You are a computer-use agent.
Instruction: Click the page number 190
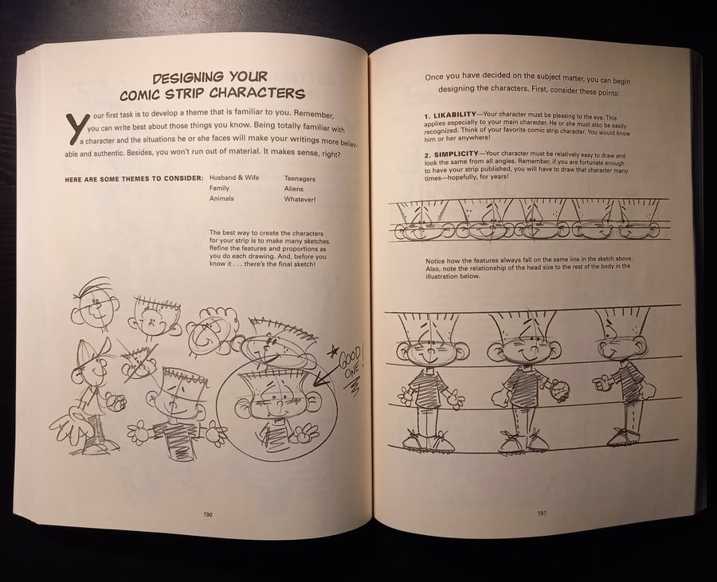tap(208, 514)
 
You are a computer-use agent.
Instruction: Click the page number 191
tap(542, 513)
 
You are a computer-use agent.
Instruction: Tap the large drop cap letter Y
tap(76, 127)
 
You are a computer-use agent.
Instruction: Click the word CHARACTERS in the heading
tap(257, 94)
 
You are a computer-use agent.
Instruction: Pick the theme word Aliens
tap(293, 189)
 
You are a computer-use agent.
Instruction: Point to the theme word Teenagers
tap(300, 178)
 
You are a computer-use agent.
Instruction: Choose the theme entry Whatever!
tap(300, 199)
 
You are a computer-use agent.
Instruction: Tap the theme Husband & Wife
tap(234, 178)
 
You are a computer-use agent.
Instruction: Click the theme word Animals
tap(221, 198)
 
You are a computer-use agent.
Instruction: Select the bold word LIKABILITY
tap(455, 114)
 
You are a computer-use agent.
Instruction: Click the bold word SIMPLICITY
tap(456, 154)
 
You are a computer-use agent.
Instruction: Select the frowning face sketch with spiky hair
tap(153, 318)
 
